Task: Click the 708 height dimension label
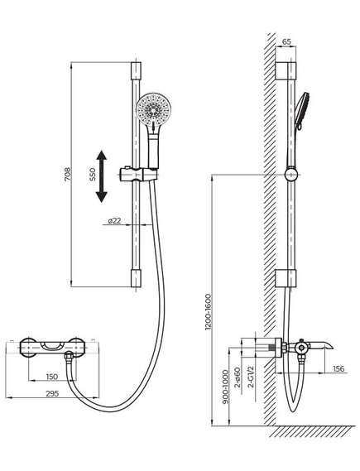(x=68, y=174)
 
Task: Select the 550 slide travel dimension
(x=92, y=174)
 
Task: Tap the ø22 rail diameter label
(x=114, y=220)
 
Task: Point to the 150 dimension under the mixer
(x=52, y=377)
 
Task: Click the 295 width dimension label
(x=52, y=393)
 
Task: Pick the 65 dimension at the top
(x=286, y=41)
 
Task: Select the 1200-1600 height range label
(x=209, y=312)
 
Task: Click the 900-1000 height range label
(x=226, y=387)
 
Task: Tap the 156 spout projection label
(x=338, y=368)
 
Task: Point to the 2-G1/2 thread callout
(x=251, y=377)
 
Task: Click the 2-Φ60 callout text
(x=238, y=377)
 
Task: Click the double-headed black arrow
(x=101, y=176)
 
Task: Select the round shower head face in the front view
(x=153, y=109)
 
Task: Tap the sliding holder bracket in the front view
(x=139, y=175)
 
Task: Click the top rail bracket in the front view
(x=136, y=70)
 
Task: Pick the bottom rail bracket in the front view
(x=136, y=278)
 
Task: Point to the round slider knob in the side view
(x=291, y=174)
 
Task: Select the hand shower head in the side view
(x=302, y=111)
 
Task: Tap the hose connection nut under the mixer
(x=70, y=356)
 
